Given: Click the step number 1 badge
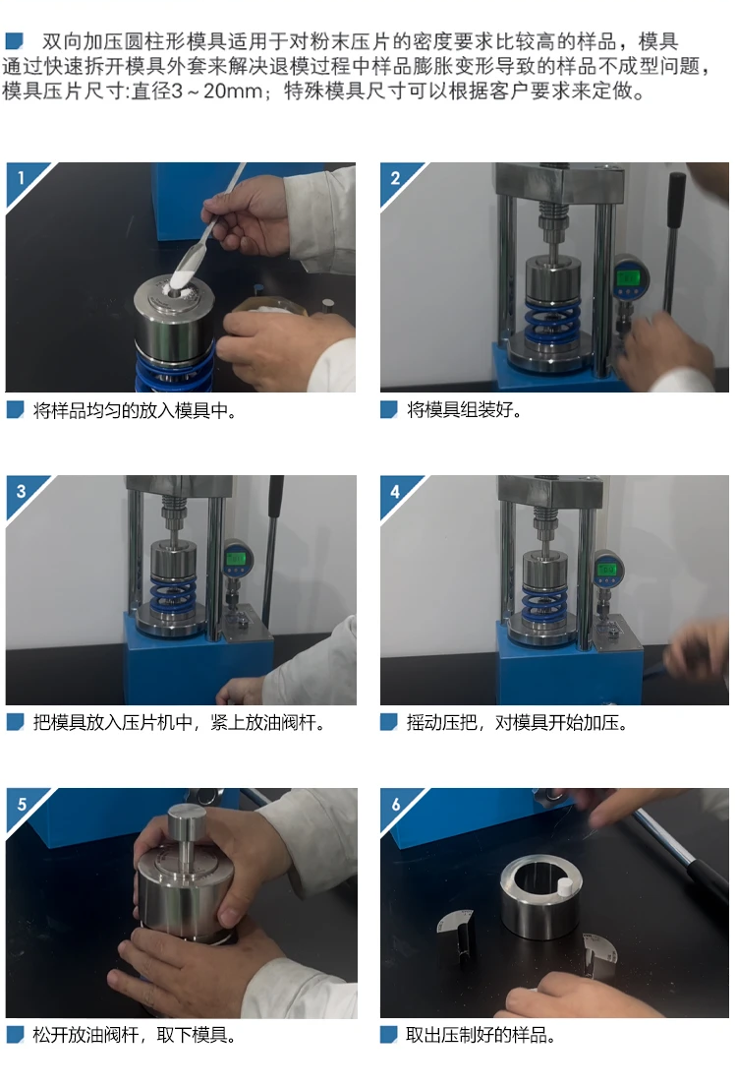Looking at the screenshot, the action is pos(21,178).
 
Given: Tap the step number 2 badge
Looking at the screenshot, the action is pos(395,178).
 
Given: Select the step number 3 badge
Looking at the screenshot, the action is pos(21,491).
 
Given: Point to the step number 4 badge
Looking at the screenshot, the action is pos(395,491).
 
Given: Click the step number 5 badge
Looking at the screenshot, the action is pos(22,804).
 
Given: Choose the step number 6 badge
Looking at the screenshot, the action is pos(396,804).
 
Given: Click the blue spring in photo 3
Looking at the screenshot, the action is pos(173,594).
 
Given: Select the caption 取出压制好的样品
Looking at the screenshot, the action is pos(481,1035).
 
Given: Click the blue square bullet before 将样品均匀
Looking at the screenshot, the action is pos(16,410).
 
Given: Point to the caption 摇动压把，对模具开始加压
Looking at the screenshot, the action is pos(517,722).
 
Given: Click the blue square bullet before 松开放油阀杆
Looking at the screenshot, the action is pos(16,1035).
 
